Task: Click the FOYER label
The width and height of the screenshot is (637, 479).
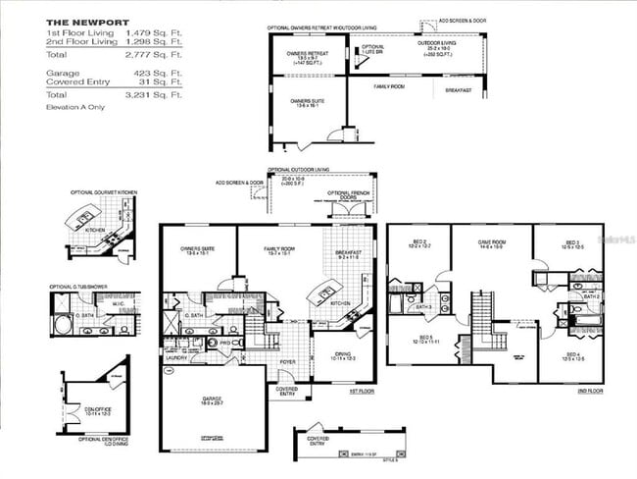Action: click(x=287, y=360)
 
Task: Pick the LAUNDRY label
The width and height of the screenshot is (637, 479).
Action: click(x=175, y=358)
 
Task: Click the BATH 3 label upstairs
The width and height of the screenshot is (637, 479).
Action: click(x=423, y=307)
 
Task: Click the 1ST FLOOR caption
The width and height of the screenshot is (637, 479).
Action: click(x=362, y=391)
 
